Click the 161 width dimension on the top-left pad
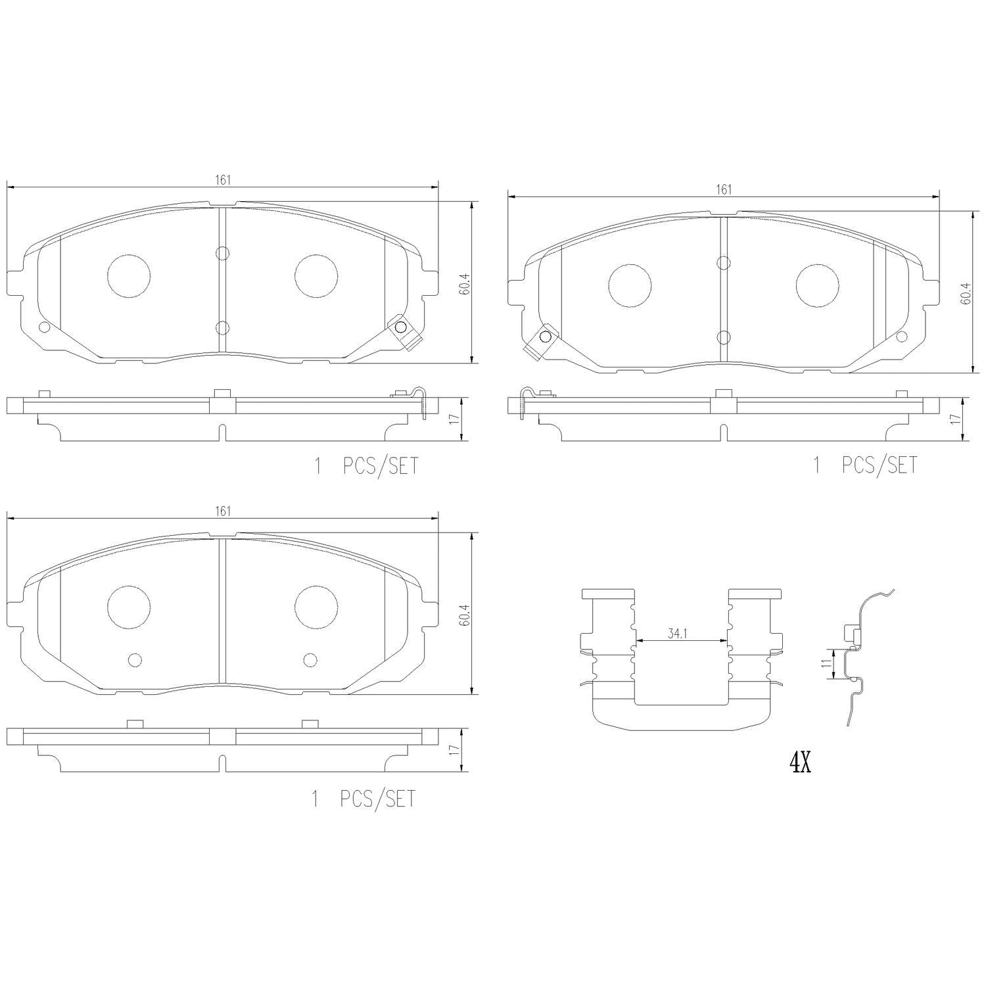[x=223, y=181]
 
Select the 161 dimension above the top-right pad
[x=723, y=189]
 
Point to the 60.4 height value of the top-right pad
[x=965, y=293]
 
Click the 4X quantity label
[x=800, y=763]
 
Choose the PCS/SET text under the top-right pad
[x=879, y=465]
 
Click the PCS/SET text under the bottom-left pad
[x=378, y=799]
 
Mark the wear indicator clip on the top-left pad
[x=400, y=328]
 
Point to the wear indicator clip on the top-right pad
[x=543, y=338]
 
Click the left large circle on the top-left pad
[x=128, y=275]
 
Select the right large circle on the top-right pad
[x=817, y=285]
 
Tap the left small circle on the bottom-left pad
[x=135, y=660]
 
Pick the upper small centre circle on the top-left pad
[x=222, y=253]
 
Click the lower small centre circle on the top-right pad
[x=723, y=337]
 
